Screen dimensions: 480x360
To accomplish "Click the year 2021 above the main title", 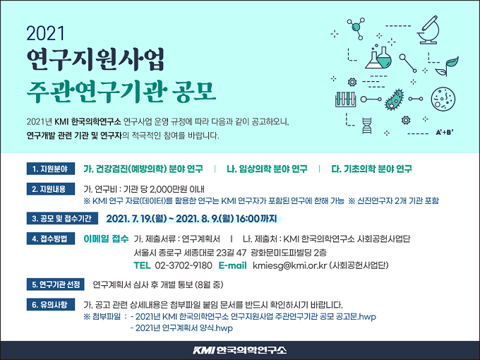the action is click(x=46, y=33).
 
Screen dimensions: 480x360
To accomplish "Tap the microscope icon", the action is click(x=429, y=30).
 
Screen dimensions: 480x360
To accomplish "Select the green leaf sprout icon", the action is click(x=448, y=66).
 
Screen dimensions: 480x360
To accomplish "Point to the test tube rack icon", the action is click(x=345, y=100).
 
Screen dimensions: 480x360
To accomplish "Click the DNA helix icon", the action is click(x=367, y=126).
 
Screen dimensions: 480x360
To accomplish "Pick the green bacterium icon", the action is click(x=395, y=100).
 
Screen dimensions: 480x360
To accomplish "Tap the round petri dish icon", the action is click(x=443, y=100).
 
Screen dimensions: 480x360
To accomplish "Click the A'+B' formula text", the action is click(x=445, y=133).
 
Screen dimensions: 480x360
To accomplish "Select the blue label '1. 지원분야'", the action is click(x=51, y=169).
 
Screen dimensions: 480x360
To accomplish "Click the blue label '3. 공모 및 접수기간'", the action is click(x=62, y=218).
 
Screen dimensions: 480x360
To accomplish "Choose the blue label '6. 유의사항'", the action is click(x=51, y=305).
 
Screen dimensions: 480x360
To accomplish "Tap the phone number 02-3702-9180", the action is click(x=184, y=265).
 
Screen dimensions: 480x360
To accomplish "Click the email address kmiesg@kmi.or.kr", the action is click(x=290, y=265).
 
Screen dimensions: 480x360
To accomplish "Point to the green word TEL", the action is click(x=142, y=265).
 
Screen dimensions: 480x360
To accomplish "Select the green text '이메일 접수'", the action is click(x=106, y=239).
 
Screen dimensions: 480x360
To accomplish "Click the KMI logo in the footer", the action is click(x=240, y=350).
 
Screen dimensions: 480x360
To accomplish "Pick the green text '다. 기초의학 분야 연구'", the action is click(x=371, y=169).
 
